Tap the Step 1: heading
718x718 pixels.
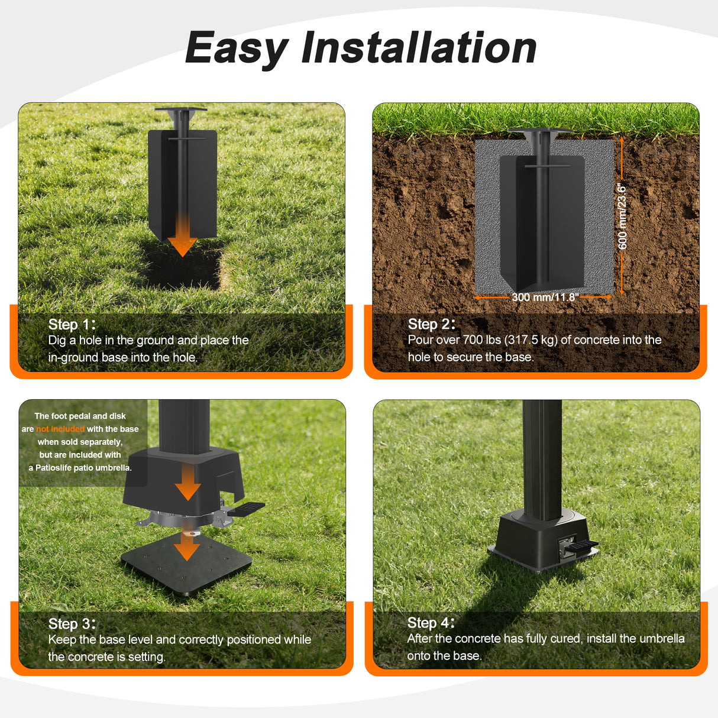point(72,325)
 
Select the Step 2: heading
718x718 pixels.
point(432,324)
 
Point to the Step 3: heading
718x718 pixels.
point(72,624)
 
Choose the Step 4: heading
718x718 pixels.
point(431,623)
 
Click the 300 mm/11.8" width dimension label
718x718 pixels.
point(545,297)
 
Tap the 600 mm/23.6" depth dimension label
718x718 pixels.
point(622,216)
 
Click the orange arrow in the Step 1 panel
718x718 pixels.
point(182,235)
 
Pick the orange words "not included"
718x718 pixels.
point(60,429)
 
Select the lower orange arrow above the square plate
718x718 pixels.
point(187,547)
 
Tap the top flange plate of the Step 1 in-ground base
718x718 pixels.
point(180,109)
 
